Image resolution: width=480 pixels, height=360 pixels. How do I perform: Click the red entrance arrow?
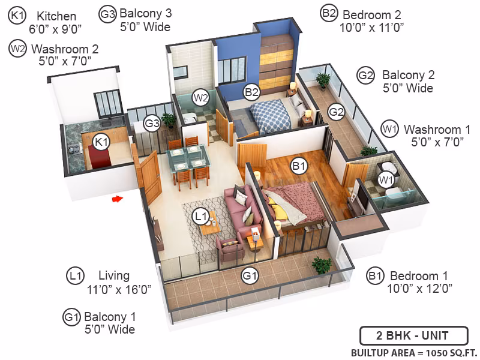[118, 199]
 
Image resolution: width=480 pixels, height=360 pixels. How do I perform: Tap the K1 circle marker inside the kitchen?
[101, 142]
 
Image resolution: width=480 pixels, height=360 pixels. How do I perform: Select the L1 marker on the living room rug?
[200, 217]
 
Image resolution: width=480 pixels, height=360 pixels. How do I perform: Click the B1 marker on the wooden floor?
[299, 166]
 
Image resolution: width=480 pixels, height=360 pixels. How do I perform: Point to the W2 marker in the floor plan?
[200, 98]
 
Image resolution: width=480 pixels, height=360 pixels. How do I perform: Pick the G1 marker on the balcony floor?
[250, 276]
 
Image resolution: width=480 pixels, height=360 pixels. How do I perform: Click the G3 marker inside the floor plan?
[152, 123]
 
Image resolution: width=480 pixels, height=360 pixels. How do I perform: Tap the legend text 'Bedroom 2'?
[371, 14]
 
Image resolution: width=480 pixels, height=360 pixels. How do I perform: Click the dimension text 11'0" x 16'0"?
[119, 289]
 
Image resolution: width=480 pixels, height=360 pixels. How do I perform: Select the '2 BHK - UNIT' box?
[414, 336]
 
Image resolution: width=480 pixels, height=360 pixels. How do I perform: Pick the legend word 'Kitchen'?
[56, 16]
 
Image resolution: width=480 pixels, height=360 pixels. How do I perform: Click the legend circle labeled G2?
[365, 75]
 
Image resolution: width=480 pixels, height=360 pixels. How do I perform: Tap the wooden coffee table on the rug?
[209, 226]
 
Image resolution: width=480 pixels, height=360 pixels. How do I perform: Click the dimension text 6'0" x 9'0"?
[55, 29]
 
